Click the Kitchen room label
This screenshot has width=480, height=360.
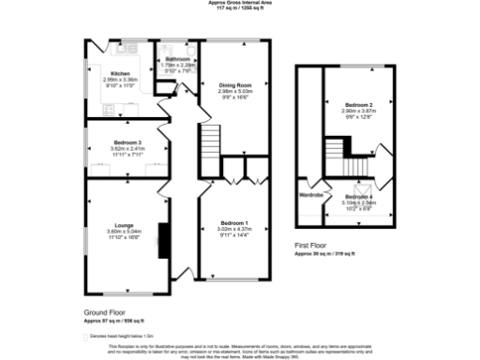(120, 73)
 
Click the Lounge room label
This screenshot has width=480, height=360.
(124, 225)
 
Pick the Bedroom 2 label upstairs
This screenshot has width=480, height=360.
(357, 104)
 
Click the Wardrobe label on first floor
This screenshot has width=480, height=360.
(310, 195)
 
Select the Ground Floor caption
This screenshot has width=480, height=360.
(103, 312)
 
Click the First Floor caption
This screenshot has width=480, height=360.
(311, 247)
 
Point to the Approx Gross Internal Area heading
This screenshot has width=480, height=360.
(240, 3)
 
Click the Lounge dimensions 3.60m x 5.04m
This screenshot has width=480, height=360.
(124, 231)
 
